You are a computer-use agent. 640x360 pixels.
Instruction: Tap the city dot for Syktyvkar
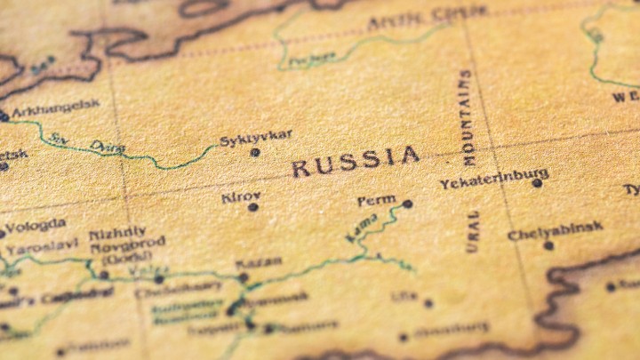[255, 152]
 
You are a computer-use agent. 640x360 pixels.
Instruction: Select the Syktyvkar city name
[255, 137]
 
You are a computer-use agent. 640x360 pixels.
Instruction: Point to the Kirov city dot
[253, 207]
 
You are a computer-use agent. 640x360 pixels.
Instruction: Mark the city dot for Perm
[407, 204]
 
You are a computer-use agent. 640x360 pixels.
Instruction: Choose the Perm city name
[376, 201]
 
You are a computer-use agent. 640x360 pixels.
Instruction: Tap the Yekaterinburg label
[493, 180]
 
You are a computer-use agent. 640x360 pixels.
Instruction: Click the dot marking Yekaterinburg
[537, 183]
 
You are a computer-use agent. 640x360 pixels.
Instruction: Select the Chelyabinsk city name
[555, 231]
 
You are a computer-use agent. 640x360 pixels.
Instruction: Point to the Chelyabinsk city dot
[548, 245]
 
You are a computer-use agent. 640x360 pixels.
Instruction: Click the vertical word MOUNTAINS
[468, 117]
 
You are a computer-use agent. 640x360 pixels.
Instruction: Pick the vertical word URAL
[473, 231]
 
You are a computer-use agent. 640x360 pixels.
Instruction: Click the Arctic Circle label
[427, 15]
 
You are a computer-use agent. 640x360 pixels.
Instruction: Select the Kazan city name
[259, 263]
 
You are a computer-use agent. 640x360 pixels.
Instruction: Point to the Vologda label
[36, 226]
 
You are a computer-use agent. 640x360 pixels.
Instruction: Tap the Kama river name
[361, 228]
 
